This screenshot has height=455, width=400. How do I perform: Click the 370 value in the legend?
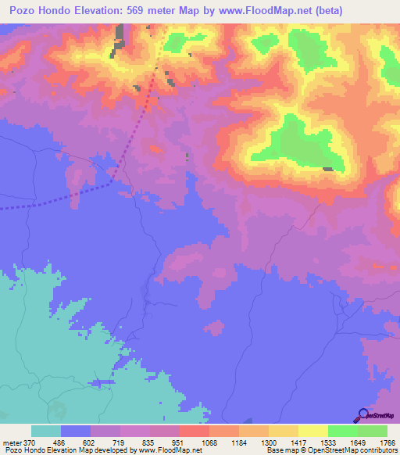[x=30, y=442]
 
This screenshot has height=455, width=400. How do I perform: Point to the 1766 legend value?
[x=387, y=442]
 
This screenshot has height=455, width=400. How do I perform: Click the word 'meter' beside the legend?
[x=12, y=442]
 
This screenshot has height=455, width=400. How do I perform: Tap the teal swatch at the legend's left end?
[x=45, y=431]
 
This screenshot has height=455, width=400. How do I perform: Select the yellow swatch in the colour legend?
[x=312, y=431]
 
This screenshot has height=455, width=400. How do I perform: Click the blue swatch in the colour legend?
[x=76, y=431]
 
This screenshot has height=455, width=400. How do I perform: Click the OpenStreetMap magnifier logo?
[x=363, y=415]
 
